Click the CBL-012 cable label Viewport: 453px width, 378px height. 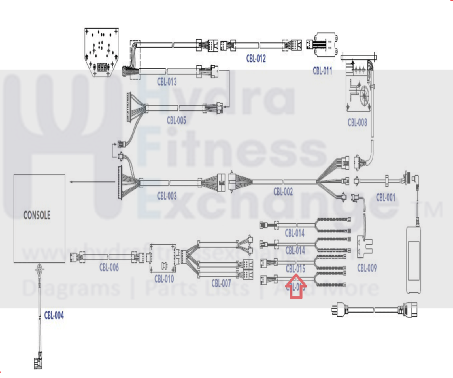coord(256,59)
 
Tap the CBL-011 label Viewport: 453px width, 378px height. coord(322,71)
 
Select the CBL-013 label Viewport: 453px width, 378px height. coord(167,82)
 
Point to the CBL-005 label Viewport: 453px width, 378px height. coord(176,120)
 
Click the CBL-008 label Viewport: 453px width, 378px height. coord(357,123)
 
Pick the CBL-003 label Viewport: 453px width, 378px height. coord(167,196)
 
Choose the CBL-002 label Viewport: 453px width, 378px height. coord(283,192)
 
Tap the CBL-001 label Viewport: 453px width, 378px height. coord(385,197)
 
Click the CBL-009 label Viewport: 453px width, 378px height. coord(367,268)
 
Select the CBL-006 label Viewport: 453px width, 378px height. coord(109,267)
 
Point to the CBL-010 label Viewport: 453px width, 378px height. coord(164,279)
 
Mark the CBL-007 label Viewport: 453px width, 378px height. coord(221,283)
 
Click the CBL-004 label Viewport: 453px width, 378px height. coord(54,315)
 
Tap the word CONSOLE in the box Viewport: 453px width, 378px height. coord(37,215)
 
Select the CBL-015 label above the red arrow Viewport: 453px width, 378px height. coord(295,269)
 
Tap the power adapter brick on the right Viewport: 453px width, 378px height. coord(414,260)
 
